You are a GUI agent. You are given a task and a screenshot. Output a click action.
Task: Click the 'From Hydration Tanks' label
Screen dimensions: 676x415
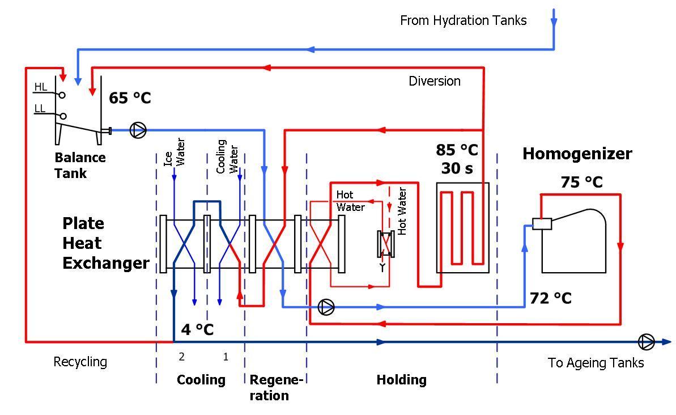pos(464,20)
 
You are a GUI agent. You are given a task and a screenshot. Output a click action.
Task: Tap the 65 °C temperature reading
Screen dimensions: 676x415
pos(130,98)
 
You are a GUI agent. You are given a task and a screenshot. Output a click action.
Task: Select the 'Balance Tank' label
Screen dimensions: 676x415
pos(80,165)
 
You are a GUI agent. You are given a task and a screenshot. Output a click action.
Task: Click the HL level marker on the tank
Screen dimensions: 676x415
pos(41,87)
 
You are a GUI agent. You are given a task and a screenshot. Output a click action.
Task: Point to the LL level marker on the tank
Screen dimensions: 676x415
pos(40,108)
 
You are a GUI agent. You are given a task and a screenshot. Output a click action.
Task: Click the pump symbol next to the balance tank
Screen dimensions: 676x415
pos(138,130)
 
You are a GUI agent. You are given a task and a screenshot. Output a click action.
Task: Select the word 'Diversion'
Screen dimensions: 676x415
pos(435,81)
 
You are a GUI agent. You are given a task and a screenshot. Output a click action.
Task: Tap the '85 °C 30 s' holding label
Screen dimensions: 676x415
pos(457,159)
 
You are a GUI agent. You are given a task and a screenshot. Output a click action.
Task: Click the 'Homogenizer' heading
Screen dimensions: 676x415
pos(577,154)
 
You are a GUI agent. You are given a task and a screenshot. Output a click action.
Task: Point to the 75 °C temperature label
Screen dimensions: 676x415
pos(581,182)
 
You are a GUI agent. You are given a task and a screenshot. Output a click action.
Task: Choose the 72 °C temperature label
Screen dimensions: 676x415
pos(551,298)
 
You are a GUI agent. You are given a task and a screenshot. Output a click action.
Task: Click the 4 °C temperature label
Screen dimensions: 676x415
pos(197,329)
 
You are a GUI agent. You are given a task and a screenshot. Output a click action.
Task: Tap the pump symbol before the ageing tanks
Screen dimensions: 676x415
pos(647,342)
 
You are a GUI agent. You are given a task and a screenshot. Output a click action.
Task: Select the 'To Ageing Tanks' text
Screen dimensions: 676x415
pos(596,363)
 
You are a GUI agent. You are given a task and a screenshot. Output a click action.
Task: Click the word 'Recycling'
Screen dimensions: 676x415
pos(80,362)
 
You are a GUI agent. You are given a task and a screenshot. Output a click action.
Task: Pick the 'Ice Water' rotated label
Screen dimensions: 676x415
pos(175,153)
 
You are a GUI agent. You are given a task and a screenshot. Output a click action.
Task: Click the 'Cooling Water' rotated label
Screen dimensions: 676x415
pos(227,156)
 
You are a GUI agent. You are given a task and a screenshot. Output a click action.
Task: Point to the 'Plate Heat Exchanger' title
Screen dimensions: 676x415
pos(106,243)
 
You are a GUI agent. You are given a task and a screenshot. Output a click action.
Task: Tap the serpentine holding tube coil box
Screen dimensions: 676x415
pos(462,228)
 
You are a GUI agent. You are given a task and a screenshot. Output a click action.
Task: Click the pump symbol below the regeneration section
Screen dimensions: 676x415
pos(326,307)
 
